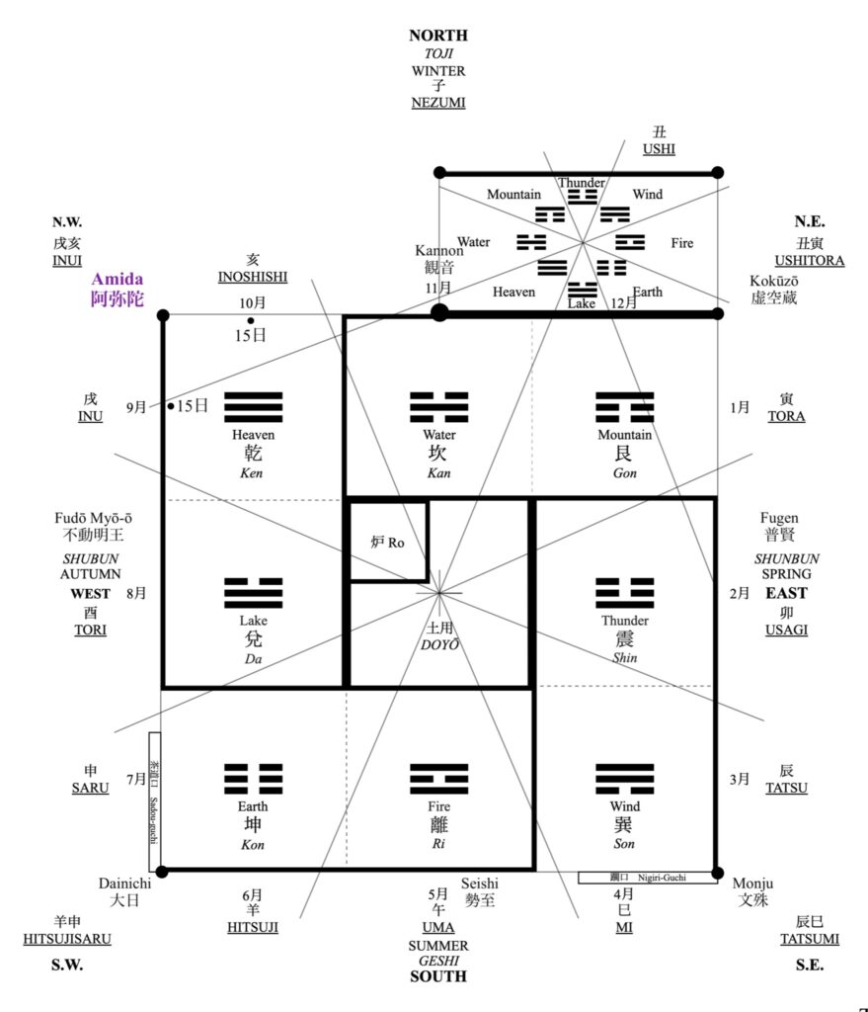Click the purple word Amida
tap(118, 280)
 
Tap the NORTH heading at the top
tap(438, 36)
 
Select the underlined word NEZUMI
tap(438, 102)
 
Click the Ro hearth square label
tap(388, 543)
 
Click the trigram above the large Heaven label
tap(254, 407)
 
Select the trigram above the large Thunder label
tap(624, 592)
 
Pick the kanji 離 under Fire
tap(438, 825)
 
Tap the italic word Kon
tap(253, 845)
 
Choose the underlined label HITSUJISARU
tap(67, 939)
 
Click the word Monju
tap(752, 883)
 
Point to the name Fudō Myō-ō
tap(96, 518)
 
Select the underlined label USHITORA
tap(809, 261)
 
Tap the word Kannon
tap(438, 251)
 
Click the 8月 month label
tap(136, 594)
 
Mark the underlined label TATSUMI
tap(809, 939)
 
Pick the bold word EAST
tap(786, 594)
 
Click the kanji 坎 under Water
tap(438, 454)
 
